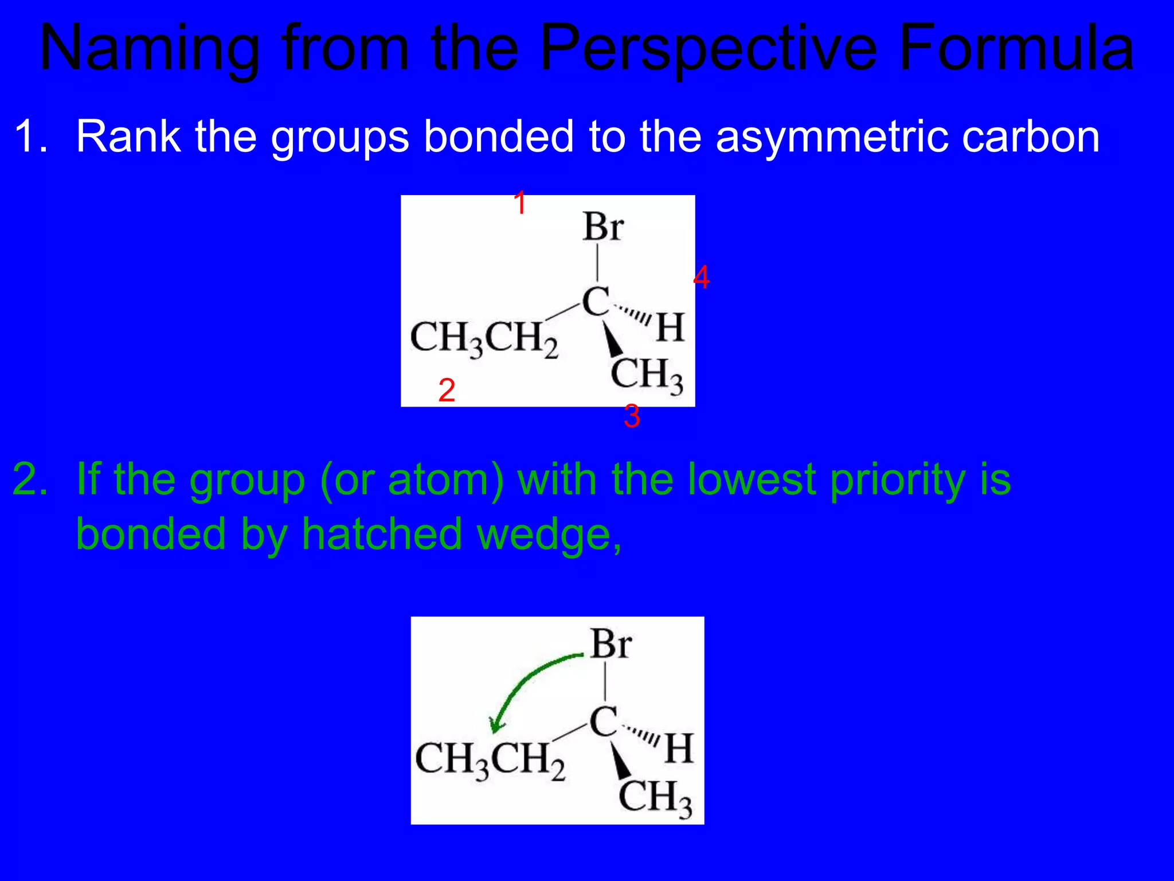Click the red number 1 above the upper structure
pos(520,204)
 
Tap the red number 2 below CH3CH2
pos(447,391)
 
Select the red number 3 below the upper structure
pos(632,416)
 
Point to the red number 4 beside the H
pos(701,278)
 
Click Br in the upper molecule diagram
pos(603,227)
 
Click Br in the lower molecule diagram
pos(611,645)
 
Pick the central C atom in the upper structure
pos(596,301)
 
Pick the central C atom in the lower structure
pos(604,722)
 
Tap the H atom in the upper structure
pos(670,328)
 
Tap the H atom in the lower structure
pos(679,749)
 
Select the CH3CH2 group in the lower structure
pos(490,760)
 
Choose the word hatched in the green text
pos(382,534)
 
